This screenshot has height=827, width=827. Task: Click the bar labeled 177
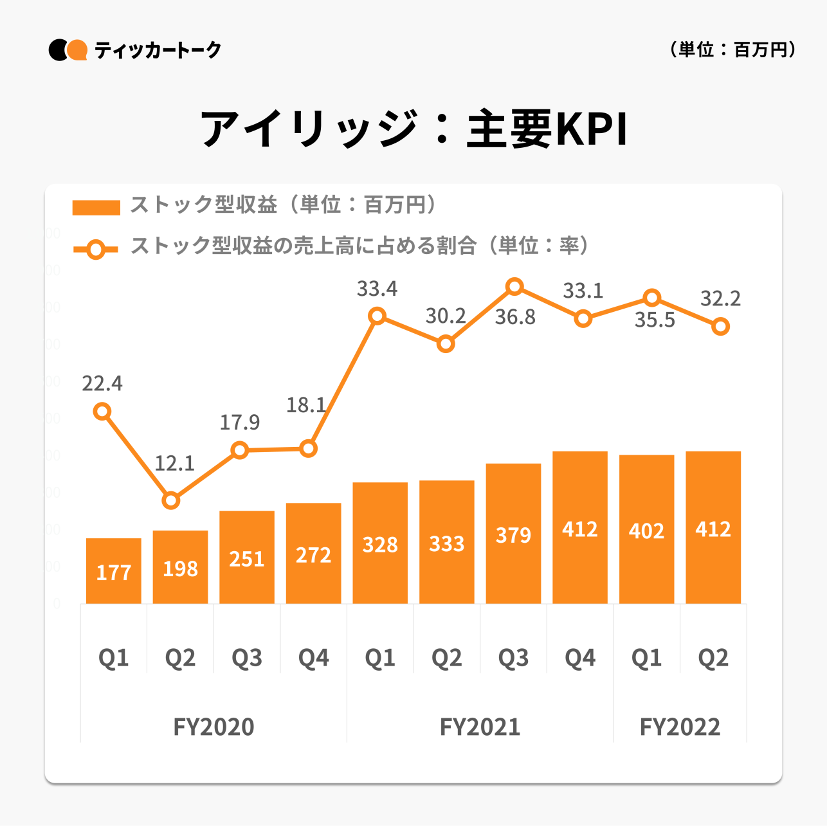coord(114,570)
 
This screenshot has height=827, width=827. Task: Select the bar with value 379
coord(513,533)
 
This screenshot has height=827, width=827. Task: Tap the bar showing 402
coord(646,529)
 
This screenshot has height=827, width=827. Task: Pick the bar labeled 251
coord(247,557)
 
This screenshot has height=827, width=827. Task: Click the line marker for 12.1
coord(171,500)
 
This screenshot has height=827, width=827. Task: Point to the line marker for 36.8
coord(514,287)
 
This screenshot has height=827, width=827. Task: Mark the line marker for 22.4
coord(102,412)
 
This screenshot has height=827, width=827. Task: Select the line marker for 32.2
coord(721,327)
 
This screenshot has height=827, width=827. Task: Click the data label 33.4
coord(377,289)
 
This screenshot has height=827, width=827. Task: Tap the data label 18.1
coord(306,405)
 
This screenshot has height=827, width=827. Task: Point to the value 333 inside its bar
coord(447,544)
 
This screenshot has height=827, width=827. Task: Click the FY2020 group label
coord(214,727)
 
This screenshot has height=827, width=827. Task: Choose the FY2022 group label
coord(680,727)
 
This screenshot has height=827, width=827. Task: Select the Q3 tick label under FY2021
coord(513,658)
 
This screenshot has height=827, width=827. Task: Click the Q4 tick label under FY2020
coord(314,658)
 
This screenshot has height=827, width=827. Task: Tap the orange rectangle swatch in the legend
coord(96,207)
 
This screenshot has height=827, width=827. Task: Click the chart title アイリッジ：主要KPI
coord(413,129)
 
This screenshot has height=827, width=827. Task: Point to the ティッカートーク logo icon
coord(68,50)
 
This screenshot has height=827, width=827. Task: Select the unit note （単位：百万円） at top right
coord(732,50)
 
